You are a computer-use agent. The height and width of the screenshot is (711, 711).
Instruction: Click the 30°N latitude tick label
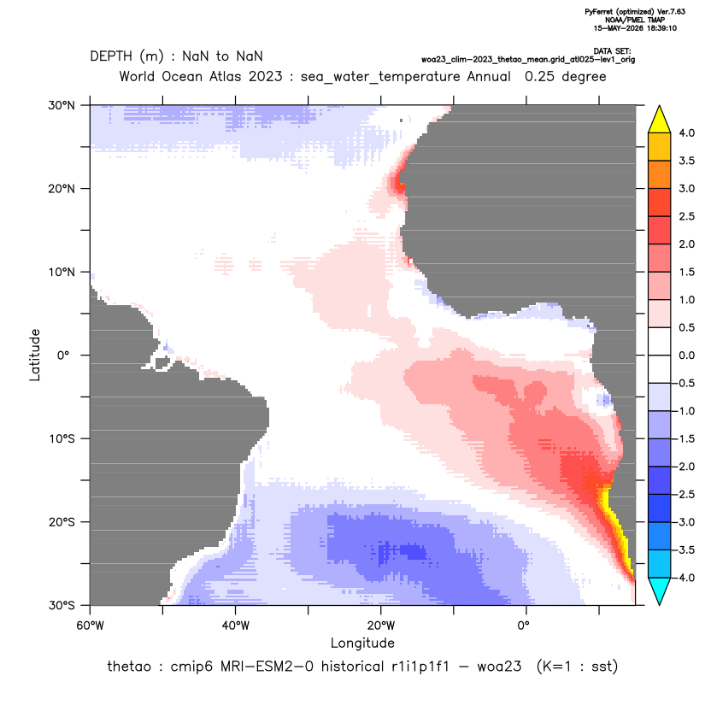tap(62, 105)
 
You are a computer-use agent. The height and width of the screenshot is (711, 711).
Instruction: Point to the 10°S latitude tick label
tap(62, 439)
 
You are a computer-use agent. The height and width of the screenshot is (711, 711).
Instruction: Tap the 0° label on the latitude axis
tap(63, 355)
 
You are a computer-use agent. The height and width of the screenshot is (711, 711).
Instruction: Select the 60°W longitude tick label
tap(90, 626)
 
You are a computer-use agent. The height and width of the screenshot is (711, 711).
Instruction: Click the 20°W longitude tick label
tap(381, 626)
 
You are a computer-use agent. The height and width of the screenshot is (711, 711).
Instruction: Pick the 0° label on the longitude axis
tap(524, 626)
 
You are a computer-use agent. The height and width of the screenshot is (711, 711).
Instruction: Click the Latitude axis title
tap(35, 355)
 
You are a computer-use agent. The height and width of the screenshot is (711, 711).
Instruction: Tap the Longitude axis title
tap(362, 643)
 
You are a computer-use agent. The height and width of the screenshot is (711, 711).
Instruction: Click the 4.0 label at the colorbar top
tap(686, 132)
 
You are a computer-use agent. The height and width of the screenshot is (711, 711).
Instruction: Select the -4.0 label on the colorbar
tap(685, 578)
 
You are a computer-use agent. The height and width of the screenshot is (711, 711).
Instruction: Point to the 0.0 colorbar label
tap(686, 355)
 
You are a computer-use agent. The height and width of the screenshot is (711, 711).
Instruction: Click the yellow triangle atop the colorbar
tap(660, 120)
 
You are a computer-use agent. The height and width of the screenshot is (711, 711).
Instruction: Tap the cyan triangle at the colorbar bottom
tap(660, 591)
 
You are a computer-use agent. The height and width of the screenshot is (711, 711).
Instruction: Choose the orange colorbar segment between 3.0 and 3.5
tap(660, 174)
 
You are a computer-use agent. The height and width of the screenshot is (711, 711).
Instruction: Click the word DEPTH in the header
tap(111, 56)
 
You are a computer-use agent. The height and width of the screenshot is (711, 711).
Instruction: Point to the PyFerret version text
tap(635, 12)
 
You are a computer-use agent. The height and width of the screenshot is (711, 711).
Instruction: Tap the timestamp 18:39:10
tap(662, 28)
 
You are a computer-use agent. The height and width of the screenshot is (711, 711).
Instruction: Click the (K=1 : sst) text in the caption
tap(577, 667)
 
